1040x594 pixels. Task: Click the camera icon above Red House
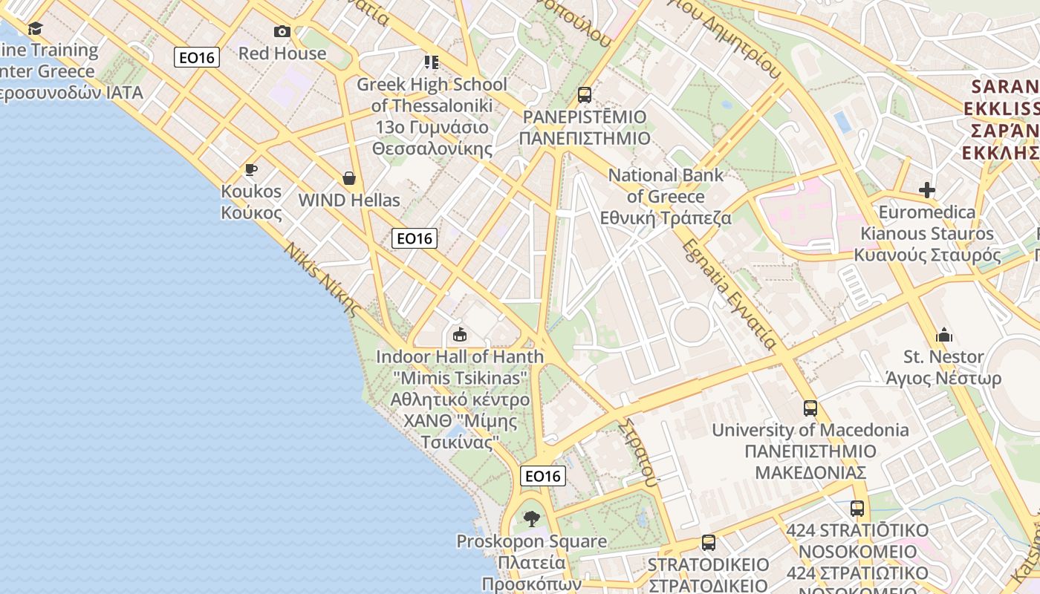pos(282,31)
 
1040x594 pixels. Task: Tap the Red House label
pos(282,53)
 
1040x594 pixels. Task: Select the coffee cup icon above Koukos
pos(251,169)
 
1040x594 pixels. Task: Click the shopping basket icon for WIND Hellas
pos(348,178)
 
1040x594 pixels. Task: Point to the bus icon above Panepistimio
pos(585,95)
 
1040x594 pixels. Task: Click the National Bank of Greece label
pos(666,197)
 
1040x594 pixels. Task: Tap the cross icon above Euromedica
pos(926,190)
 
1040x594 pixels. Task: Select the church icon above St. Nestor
pos(944,335)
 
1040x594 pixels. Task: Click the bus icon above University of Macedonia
pos(810,408)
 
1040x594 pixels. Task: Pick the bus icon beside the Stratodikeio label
pos(709,543)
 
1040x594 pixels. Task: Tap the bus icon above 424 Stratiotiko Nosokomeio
pos(857,509)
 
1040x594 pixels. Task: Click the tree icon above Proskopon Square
pos(531,518)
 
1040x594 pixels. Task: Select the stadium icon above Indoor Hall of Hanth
pos(460,335)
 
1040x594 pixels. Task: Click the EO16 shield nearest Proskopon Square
pos(543,476)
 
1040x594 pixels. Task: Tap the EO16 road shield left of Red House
pos(197,57)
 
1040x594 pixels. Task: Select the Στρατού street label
pos(639,452)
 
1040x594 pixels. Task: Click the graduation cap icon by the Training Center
pos(35,29)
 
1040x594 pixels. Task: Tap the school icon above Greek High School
pos(431,62)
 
